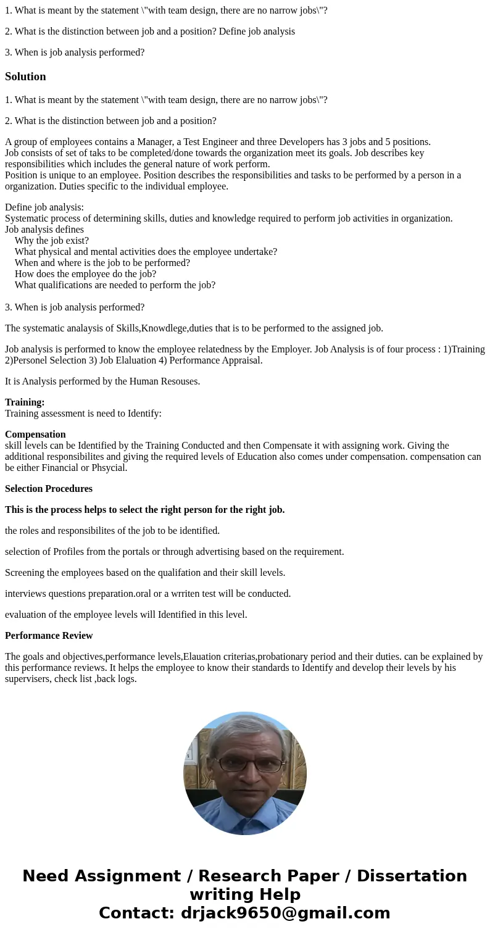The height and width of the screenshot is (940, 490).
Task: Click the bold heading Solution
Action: pos(25,77)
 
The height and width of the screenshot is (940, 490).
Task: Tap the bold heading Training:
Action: pos(25,402)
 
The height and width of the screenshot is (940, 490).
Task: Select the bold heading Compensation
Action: pos(35,435)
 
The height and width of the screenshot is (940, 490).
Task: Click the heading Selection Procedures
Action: pos(49,489)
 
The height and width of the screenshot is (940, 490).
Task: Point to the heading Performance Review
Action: pos(49,636)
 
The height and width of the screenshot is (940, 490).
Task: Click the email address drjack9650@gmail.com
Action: pos(285,913)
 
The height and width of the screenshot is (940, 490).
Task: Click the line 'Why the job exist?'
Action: pos(52,241)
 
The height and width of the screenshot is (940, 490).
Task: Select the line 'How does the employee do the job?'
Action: pos(85,274)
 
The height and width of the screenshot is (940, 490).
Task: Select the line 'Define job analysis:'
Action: pos(44,207)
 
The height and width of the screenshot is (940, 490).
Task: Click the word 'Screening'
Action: pos(25,573)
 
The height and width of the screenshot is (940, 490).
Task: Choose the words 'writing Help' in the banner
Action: pos(245,894)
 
